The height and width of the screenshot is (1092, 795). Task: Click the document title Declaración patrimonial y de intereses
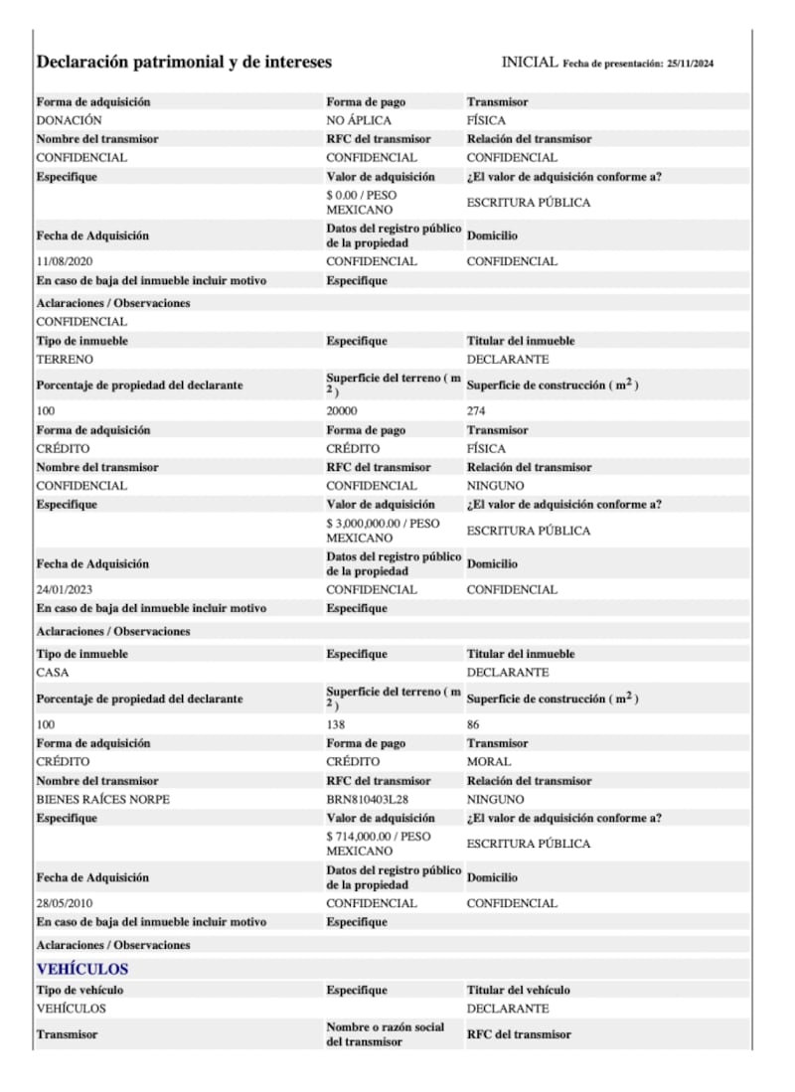[x=184, y=62]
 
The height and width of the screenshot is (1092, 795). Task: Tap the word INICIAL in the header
[x=530, y=62]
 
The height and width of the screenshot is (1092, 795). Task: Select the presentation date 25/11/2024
[x=691, y=64]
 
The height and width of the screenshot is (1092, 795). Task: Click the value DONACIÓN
[x=68, y=120]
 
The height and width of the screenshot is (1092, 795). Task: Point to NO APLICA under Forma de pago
[x=359, y=120]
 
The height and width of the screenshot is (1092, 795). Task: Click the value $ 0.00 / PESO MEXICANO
[x=361, y=203]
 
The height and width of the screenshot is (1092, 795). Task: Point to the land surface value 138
[x=336, y=725]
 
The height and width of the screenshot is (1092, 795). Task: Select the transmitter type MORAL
[x=489, y=762]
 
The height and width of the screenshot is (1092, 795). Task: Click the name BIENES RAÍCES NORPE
[x=102, y=800]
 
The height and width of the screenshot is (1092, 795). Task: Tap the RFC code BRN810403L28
[x=369, y=800]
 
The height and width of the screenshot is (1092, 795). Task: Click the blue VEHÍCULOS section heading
[x=82, y=969]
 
